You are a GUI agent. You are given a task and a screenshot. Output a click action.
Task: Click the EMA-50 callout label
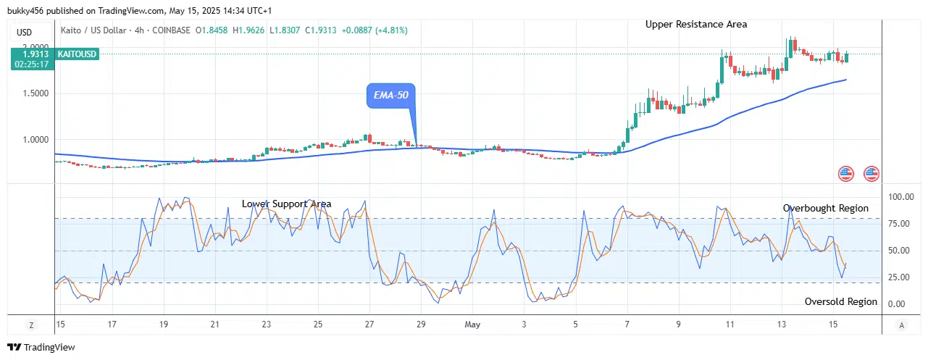click(391, 96)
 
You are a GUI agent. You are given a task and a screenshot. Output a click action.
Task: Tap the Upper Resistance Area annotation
click(696, 24)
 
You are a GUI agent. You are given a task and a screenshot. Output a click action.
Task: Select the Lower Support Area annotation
click(286, 204)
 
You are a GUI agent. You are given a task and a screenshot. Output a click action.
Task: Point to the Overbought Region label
click(825, 209)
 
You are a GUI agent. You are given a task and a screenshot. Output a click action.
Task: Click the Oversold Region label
click(840, 301)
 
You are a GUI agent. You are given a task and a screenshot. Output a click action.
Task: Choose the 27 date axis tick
click(369, 325)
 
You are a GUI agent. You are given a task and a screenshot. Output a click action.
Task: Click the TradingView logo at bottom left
click(41, 348)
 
